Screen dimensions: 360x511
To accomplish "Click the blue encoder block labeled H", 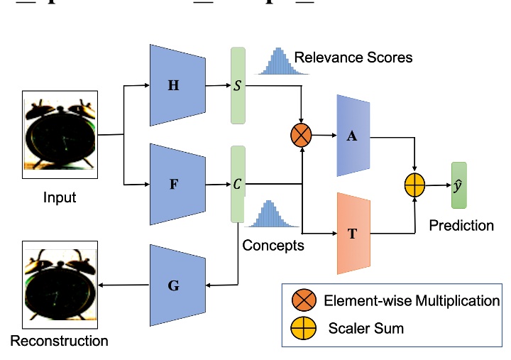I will click(x=177, y=86).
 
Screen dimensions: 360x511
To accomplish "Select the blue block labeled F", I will click(x=177, y=184).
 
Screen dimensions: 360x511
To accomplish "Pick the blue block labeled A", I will click(x=353, y=136).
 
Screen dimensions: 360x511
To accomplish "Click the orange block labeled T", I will click(x=353, y=233).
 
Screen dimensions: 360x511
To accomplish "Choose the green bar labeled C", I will click(x=237, y=183).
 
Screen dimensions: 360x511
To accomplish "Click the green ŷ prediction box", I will click(x=460, y=185).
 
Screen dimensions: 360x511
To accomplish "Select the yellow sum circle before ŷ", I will click(x=414, y=186).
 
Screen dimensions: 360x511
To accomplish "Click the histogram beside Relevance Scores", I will click(x=273, y=62).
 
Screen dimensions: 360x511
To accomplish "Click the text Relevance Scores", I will click(x=353, y=57).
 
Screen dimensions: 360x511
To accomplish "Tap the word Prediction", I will click(x=461, y=225).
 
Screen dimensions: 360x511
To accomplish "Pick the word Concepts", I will click(x=273, y=246).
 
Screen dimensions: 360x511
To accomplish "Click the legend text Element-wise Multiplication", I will click(x=412, y=300).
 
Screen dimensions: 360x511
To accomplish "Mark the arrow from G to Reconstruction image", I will click(x=124, y=285).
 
